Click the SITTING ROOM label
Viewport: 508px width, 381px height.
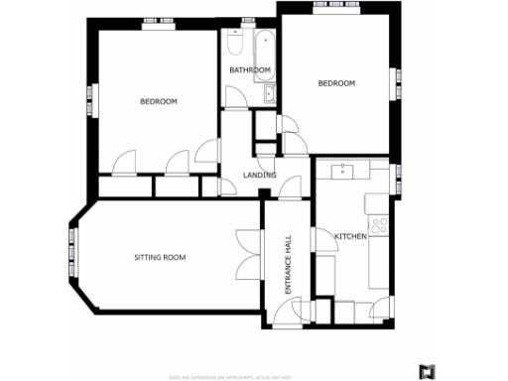(x=160, y=258)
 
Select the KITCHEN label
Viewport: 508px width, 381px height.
(x=350, y=236)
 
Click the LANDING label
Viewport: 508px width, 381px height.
(x=258, y=176)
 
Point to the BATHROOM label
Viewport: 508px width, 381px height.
(x=250, y=70)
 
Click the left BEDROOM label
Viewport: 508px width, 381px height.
(x=158, y=102)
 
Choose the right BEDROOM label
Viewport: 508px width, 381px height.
(x=336, y=83)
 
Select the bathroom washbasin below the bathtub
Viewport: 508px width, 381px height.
(x=270, y=94)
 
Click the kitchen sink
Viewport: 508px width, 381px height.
(x=342, y=170)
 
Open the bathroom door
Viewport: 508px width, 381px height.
(x=236, y=96)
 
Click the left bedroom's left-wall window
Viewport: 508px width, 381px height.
(x=92, y=97)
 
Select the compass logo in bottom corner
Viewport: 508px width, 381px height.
(x=427, y=371)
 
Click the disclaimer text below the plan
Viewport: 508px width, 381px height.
(x=244, y=375)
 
